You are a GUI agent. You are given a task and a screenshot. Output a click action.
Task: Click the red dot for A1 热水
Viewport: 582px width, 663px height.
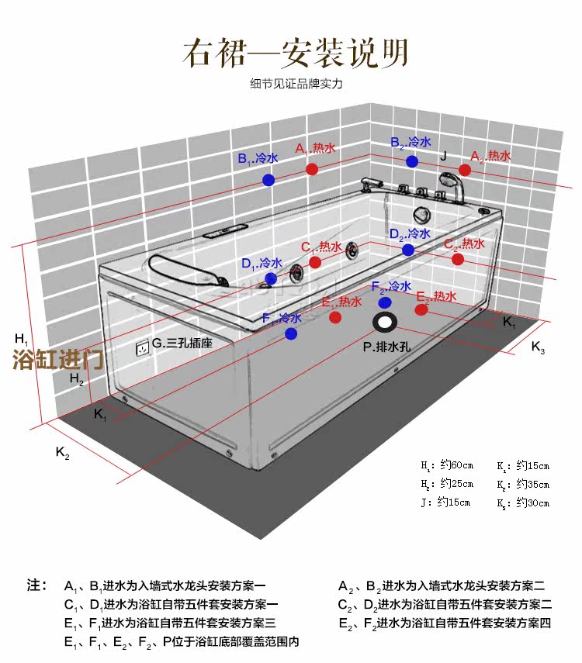[x=311, y=168]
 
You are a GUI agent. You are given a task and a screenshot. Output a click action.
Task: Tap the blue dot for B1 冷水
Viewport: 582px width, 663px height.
[x=268, y=180]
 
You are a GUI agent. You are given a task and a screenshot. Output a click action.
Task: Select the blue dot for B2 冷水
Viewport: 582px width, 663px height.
[x=412, y=161]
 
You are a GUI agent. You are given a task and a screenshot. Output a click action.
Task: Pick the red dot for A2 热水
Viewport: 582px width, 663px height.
[x=465, y=170]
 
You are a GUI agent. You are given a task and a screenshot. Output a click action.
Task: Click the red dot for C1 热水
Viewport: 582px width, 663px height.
[x=316, y=262]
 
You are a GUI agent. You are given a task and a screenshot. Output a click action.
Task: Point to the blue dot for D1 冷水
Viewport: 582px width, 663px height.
[x=271, y=278]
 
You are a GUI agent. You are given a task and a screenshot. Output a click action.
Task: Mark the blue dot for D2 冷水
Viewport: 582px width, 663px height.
[x=408, y=250]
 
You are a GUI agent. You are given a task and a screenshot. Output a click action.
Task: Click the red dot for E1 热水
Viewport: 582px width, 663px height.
[x=335, y=317]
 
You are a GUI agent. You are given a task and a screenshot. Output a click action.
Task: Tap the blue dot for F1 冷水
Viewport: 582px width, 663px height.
[x=291, y=333]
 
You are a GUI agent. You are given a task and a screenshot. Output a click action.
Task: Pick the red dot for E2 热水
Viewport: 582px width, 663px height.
[x=421, y=310]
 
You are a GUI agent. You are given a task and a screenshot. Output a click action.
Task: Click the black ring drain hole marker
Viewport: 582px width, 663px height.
[x=385, y=323]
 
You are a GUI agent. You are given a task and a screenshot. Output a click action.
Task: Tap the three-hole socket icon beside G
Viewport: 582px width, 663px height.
[x=142, y=348]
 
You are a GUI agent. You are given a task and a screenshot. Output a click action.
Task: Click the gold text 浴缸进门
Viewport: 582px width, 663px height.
[x=58, y=360]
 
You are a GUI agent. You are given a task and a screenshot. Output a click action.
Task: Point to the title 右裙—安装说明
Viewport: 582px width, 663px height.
[x=295, y=52]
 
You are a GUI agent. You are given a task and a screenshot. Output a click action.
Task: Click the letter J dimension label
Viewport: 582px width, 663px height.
[x=443, y=155]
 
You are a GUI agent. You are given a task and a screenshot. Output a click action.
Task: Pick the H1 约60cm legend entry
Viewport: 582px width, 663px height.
[x=446, y=466]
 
